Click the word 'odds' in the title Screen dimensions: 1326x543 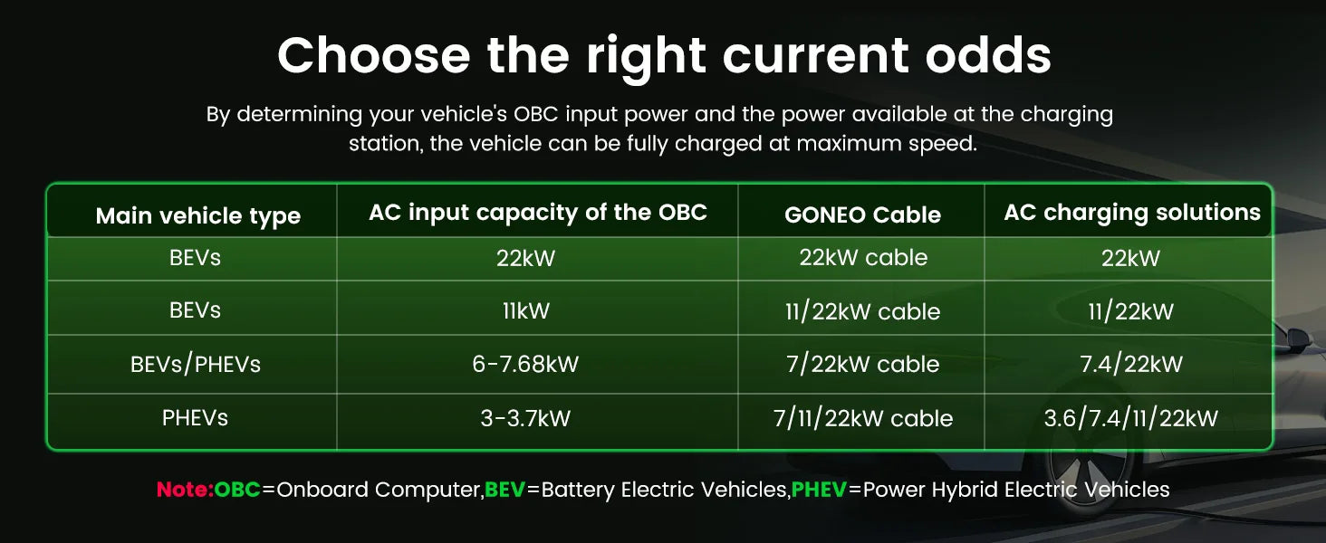pos(988,55)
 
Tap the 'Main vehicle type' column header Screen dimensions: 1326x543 pos(198,216)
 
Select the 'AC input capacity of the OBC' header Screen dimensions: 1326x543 pos(537,213)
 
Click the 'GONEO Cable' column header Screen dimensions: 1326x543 pos(862,214)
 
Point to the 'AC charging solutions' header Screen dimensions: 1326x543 pos(1132,213)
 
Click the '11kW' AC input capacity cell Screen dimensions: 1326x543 pos(525,310)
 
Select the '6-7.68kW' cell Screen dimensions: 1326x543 pos(525,364)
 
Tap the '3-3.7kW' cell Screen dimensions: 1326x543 pos(525,418)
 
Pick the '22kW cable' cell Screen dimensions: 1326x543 pos(863,257)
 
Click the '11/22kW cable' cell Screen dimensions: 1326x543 pos(862,311)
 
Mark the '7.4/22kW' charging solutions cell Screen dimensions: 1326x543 pos(1130,365)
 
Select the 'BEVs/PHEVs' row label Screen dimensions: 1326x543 pos(196,365)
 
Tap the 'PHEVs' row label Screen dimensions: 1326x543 pos(195,418)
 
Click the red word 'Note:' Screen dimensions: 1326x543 pos(185,490)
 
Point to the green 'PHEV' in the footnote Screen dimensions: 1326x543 pos(819,490)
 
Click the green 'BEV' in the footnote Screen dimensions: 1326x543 pos(504,490)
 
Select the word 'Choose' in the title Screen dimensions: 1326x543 pos(373,55)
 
